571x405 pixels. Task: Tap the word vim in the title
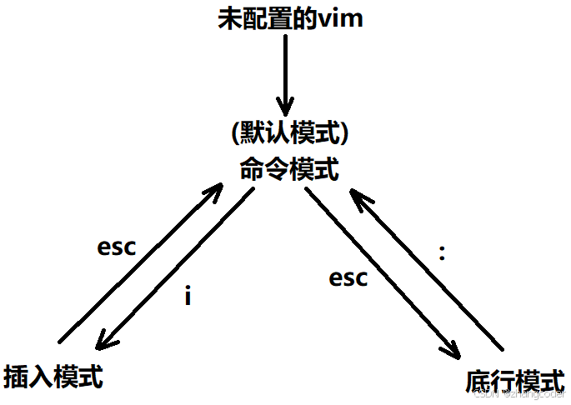[x=341, y=18]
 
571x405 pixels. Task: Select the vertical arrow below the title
[x=287, y=75]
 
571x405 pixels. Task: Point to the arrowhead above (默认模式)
[x=287, y=108]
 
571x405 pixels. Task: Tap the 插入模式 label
[x=53, y=377]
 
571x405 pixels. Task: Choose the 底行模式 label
[x=513, y=381]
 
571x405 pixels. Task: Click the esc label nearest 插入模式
[x=116, y=247]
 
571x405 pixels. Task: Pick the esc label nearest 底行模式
[x=348, y=277]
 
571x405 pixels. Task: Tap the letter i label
[x=188, y=296]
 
